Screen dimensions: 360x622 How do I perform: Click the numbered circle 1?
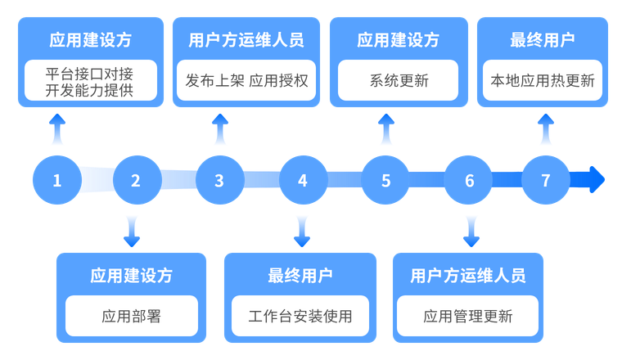(56, 180)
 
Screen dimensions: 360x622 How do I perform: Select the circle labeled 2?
(136, 180)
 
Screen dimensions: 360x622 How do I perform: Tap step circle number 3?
(219, 180)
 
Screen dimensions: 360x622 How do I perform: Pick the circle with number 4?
(303, 180)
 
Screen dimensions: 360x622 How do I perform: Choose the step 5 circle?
(386, 180)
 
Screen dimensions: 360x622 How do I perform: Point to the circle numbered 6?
(470, 180)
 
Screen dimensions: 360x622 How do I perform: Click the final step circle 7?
(546, 180)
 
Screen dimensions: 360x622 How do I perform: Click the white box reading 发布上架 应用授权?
(246, 81)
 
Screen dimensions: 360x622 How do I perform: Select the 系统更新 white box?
(399, 81)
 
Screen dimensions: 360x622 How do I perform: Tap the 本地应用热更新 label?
(543, 81)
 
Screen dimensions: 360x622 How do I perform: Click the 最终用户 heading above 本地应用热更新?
(543, 40)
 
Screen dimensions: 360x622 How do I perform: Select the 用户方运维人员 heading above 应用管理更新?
(468, 275)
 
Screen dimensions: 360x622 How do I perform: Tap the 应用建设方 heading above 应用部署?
(131, 275)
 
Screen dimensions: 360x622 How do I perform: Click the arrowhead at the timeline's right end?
(597, 180)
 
